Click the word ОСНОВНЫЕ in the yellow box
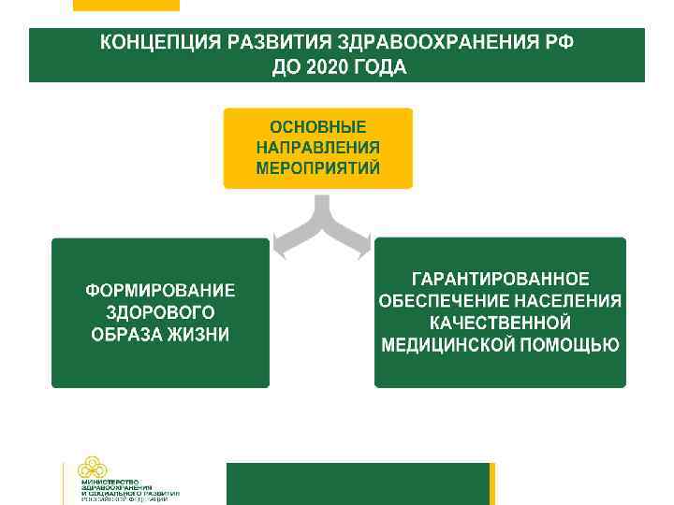click(317, 126)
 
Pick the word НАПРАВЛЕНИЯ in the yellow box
click(317, 148)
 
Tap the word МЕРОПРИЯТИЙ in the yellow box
click(317, 169)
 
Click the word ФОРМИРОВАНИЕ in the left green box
click(160, 291)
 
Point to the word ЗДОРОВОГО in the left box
click(160, 312)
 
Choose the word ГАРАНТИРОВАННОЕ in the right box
click(500, 279)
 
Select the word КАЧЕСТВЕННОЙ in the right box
click(500, 323)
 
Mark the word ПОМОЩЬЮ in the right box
click(569, 345)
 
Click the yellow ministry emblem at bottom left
click(92, 468)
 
